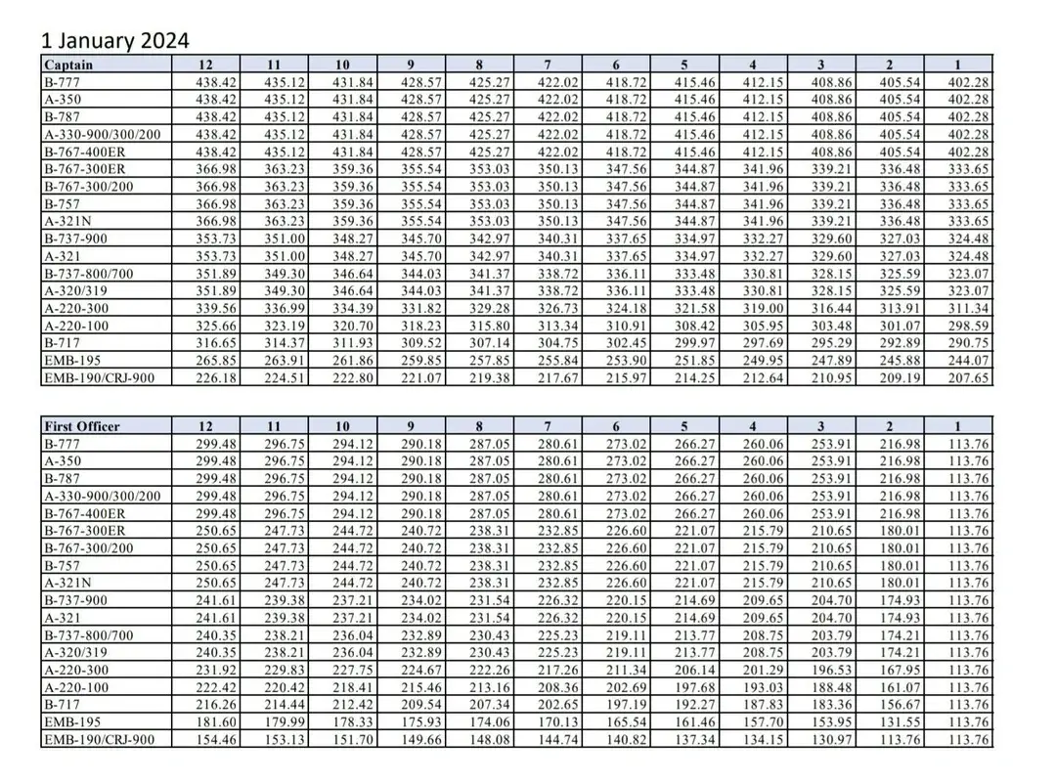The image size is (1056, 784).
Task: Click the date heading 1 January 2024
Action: click(x=114, y=41)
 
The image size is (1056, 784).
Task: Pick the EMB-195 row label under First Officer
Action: click(x=70, y=722)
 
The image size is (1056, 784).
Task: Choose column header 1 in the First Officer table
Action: click(x=958, y=425)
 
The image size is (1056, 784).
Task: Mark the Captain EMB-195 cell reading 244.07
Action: click(x=969, y=362)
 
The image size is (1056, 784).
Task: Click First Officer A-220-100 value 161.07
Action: click(x=900, y=687)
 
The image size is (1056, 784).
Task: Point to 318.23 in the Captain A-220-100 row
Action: click(x=421, y=327)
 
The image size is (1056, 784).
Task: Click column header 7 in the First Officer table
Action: click(x=549, y=425)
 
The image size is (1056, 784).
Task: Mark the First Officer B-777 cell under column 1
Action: click(x=969, y=443)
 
